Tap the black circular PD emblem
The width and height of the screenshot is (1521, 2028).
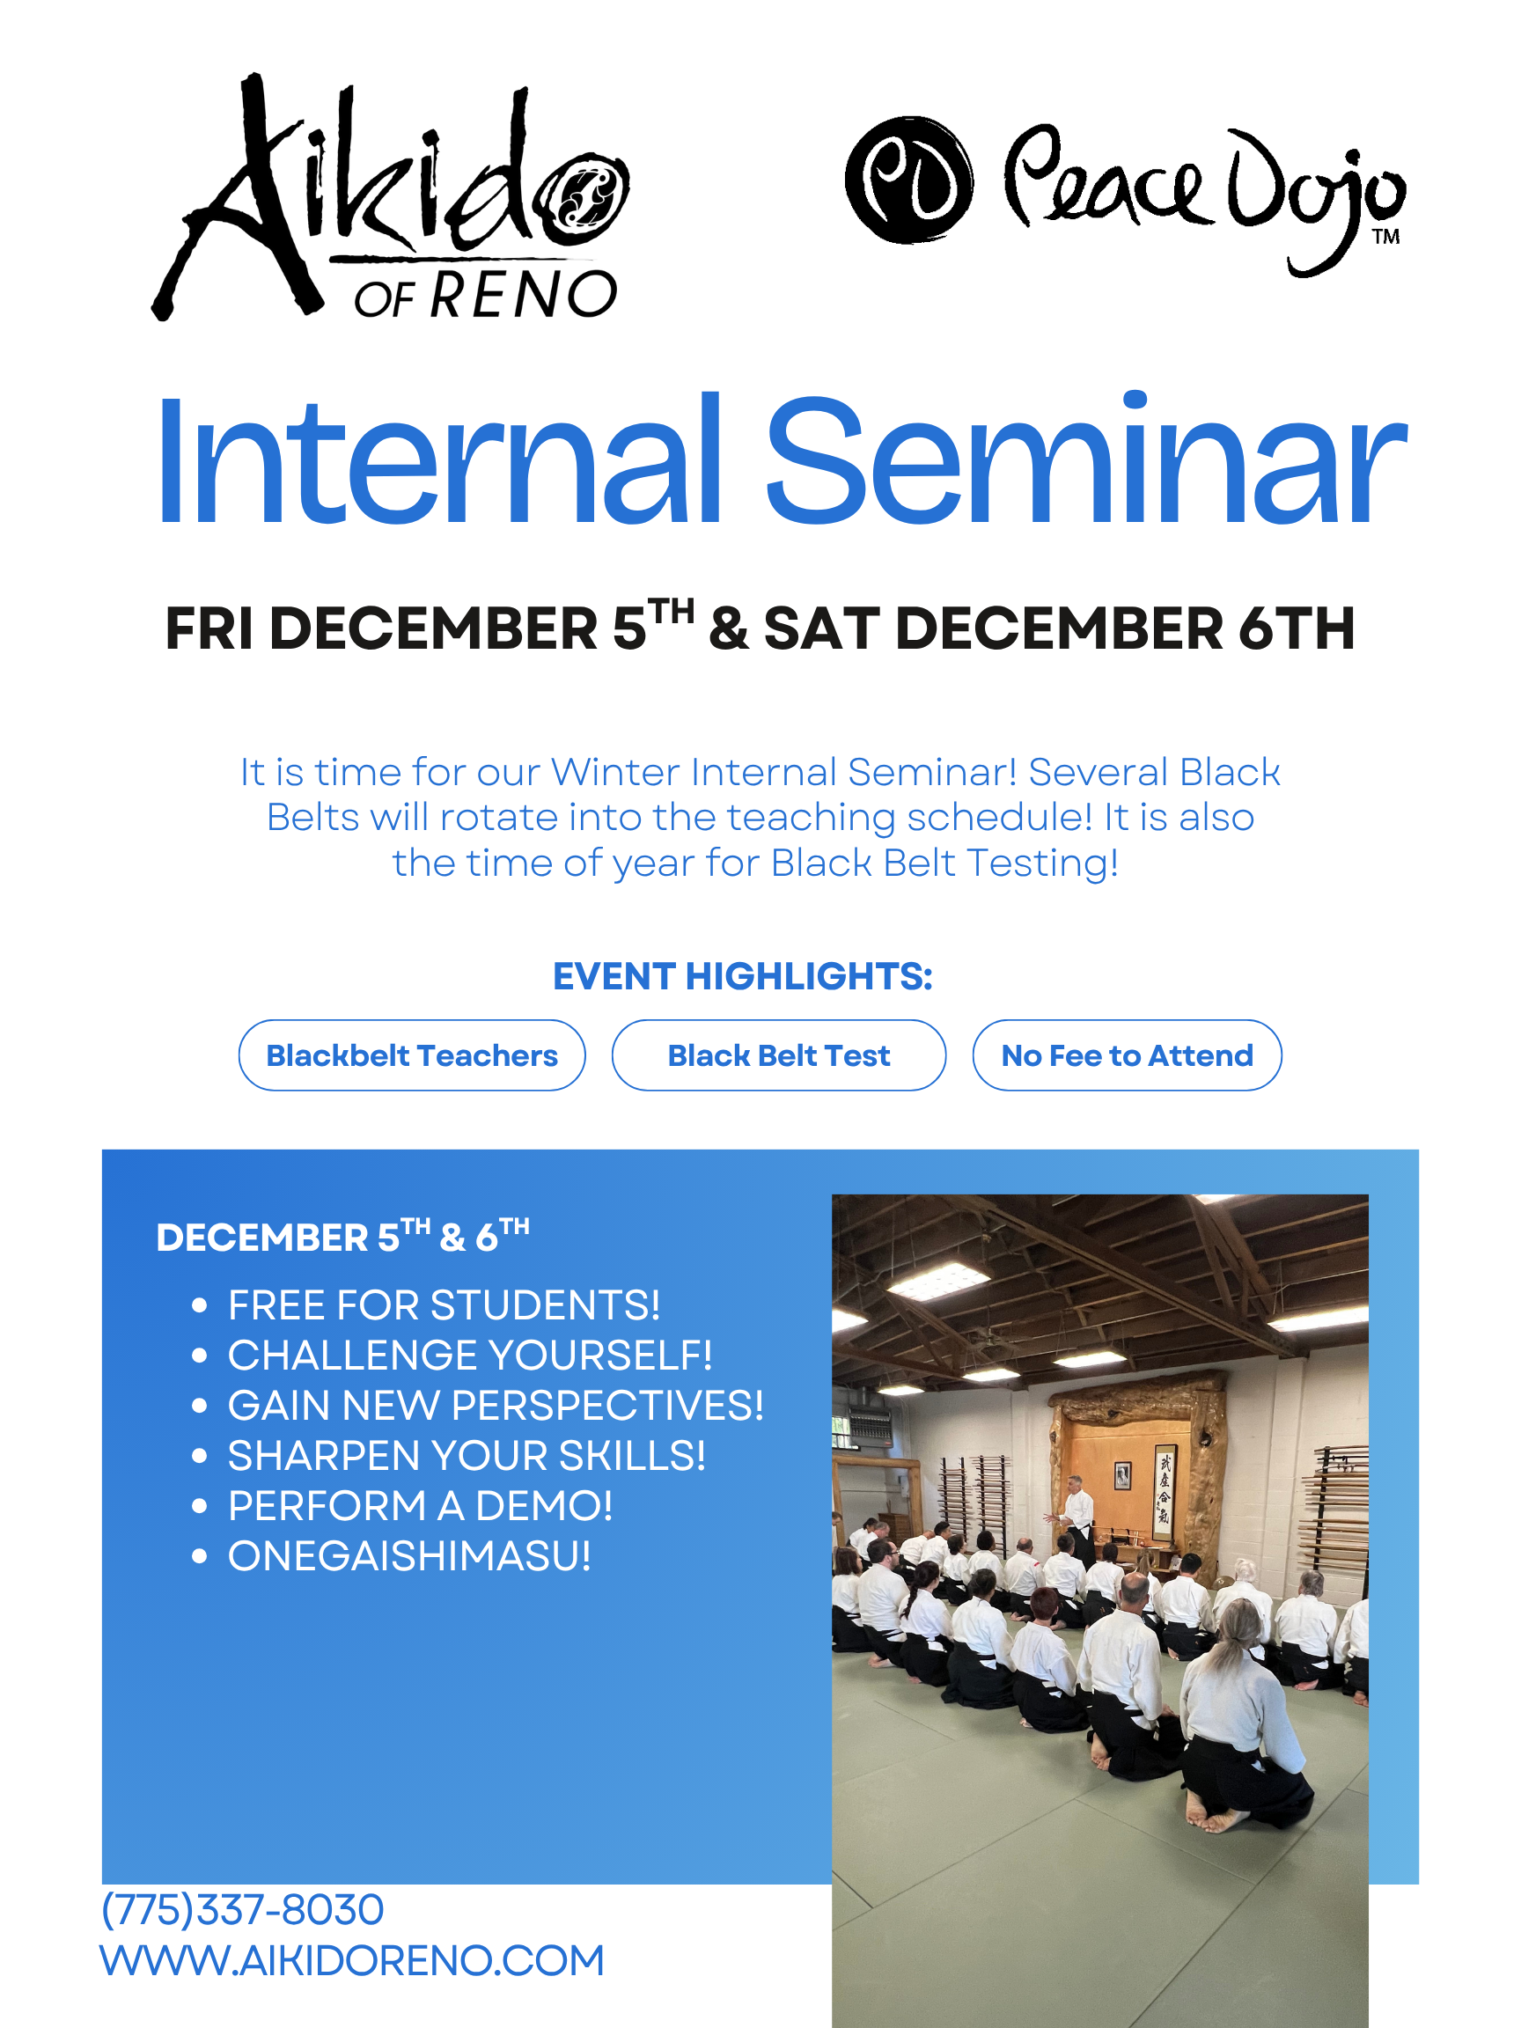click(x=907, y=180)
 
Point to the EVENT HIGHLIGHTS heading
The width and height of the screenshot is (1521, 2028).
click(x=743, y=976)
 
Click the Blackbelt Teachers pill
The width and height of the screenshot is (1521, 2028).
click(x=412, y=1055)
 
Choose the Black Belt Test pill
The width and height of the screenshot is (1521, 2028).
click(x=778, y=1055)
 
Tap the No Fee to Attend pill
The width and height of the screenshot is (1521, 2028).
click(x=1127, y=1055)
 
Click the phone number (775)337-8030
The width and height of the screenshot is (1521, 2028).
click(x=242, y=1910)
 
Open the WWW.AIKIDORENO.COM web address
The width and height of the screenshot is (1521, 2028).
click(x=352, y=1961)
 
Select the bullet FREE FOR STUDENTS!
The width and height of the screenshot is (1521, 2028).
click(x=444, y=1305)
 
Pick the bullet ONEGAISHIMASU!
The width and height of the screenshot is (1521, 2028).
click(x=409, y=1556)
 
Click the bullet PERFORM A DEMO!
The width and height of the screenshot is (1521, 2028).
click(x=420, y=1505)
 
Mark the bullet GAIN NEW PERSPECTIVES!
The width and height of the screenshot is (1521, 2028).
click(x=495, y=1406)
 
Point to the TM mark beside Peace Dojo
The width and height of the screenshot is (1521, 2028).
click(x=1385, y=238)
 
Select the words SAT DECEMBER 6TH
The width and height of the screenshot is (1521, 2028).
click(x=1059, y=629)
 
